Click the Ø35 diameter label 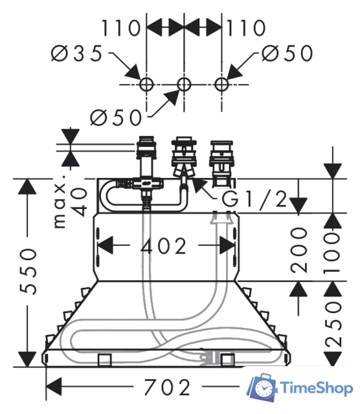point(76,53)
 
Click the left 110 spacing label point(121,28)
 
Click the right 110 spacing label point(246,28)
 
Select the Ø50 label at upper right point(287,53)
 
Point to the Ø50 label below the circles point(116,118)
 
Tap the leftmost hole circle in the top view point(146,85)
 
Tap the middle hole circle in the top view point(184,85)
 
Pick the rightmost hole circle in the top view point(221,85)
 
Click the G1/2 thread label point(254,199)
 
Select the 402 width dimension point(164,246)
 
